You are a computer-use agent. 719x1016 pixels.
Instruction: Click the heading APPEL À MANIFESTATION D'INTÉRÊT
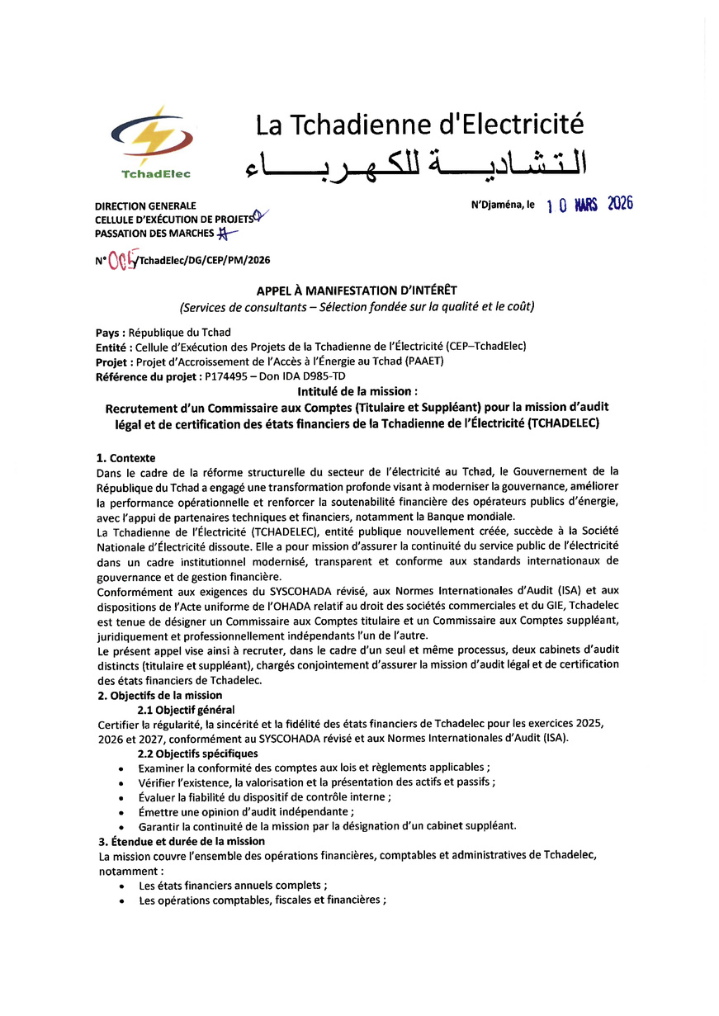pyautogui.click(x=357, y=290)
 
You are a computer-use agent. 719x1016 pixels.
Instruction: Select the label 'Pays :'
pyautogui.click(x=110, y=333)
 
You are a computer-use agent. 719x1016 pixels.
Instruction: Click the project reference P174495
pyautogui.click(x=227, y=376)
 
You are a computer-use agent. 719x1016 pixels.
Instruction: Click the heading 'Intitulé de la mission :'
pyautogui.click(x=357, y=391)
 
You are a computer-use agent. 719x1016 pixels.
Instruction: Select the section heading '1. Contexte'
pyautogui.click(x=126, y=458)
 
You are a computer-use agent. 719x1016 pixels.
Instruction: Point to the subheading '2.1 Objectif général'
pyautogui.click(x=186, y=710)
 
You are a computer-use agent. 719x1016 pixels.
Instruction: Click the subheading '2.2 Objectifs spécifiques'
pyautogui.click(x=197, y=754)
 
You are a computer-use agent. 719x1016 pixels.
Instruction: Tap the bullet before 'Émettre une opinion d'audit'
pyautogui.click(x=122, y=813)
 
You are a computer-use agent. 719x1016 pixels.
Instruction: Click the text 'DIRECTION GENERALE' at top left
pyautogui.click(x=145, y=206)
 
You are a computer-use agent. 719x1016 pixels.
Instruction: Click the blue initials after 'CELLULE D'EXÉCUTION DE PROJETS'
pyautogui.click(x=261, y=217)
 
